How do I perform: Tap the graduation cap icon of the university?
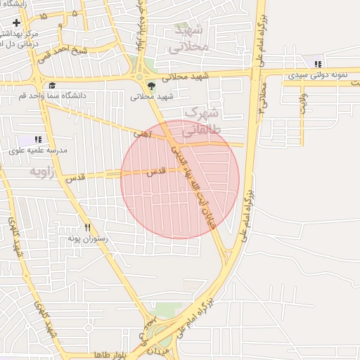coord(53,86)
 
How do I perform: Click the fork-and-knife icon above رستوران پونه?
coord(88,227)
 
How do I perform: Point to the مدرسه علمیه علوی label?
coord(38,150)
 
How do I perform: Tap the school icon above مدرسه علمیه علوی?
coord(38,140)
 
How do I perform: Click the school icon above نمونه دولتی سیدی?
coord(319,65)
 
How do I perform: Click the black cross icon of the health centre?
coord(16,23)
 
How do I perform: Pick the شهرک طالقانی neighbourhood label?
coord(202,122)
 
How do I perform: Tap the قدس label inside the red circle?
coord(156,172)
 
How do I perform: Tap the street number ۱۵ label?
coord(44,15)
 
